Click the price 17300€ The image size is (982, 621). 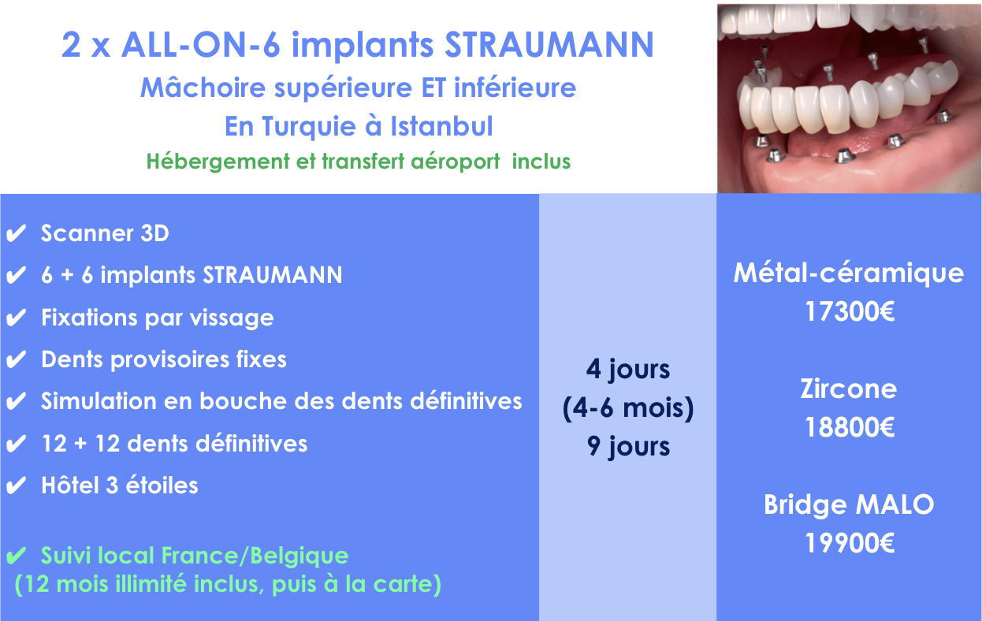coord(849,311)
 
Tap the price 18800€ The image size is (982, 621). coord(849,427)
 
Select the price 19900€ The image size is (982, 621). coord(849,544)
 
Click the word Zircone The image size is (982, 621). coord(849,389)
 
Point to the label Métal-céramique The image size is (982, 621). coord(849,273)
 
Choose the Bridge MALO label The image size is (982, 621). coord(849,505)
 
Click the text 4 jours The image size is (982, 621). coord(628,370)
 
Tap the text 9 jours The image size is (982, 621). coord(628,447)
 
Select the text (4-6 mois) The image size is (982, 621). coord(628,408)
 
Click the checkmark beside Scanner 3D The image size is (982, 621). coord(17,233)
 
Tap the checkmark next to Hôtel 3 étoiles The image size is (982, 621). coord(17,485)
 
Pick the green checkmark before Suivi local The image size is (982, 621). coord(17,556)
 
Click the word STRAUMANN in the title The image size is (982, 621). coord(549,45)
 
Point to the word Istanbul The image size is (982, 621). coord(441,126)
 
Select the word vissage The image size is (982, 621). coord(232,318)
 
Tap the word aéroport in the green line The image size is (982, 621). coord(456,162)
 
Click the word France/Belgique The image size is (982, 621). coord(255,556)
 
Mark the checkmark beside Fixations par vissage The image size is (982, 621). coord(17,318)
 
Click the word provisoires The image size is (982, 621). coord(169,360)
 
